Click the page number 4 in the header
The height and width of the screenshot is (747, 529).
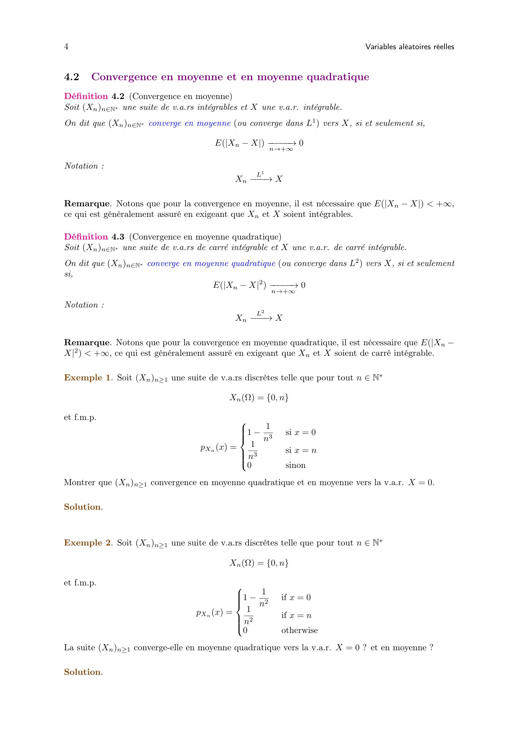click(66, 47)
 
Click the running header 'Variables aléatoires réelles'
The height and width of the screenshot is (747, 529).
click(409, 47)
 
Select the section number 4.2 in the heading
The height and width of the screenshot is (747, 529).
click(72, 77)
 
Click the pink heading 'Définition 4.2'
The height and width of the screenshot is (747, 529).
click(94, 96)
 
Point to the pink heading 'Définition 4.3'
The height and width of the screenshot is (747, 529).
click(94, 237)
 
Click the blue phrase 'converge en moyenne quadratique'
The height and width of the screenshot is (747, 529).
click(211, 263)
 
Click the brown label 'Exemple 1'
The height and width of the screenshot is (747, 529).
click(87, 378)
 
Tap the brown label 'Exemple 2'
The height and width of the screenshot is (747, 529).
click(87, 543)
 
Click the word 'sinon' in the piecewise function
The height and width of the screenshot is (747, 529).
click(296, 465)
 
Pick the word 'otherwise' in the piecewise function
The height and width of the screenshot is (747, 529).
click(299, 630)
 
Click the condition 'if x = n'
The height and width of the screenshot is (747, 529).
click(296, 615)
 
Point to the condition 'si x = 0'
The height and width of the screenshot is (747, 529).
click(300, 432)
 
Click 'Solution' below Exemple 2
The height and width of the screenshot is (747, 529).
click(83, 672)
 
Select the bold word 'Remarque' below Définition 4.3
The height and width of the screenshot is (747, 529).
click(87, 343)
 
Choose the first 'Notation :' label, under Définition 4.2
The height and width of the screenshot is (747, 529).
click(84, 166)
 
